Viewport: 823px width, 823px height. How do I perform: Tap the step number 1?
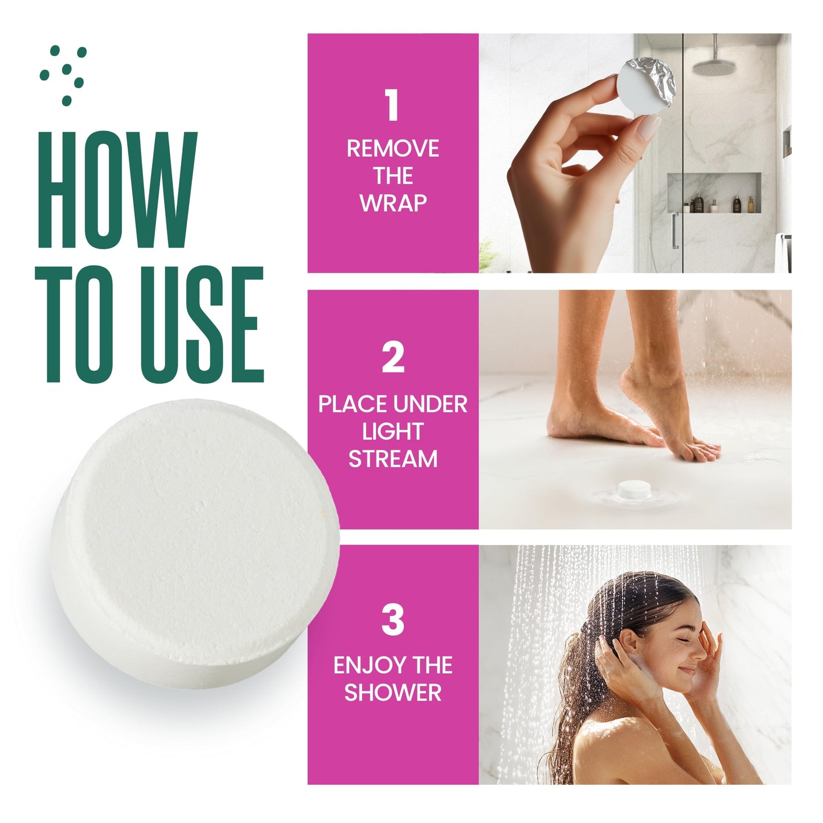pyautogui.click(x=392, y=106)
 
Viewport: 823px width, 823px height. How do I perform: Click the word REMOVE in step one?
pyautogui.click(x=392, y=149)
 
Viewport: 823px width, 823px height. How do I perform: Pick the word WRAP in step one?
pyautogui.click(x=392, y=203)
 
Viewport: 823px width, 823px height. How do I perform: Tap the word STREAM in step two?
pyautogui.click(x=392, y=459)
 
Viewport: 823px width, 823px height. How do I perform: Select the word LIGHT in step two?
pyautogui.click(x=392, y=432)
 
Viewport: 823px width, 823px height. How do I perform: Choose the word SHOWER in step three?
pyautogui.click(x=392, y=693)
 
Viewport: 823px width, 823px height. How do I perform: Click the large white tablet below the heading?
pyautogui.click(x=194, y=541)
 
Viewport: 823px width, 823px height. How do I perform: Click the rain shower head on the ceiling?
pyautogui.click(x=713, y=67)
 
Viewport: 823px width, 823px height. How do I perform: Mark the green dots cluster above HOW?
pyautogui.click(x=64, y=74)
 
